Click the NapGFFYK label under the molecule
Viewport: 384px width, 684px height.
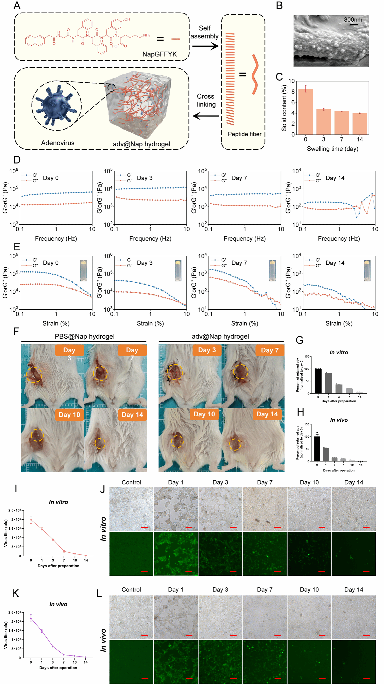tap(159, 54)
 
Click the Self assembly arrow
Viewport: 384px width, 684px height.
tap(205, 46)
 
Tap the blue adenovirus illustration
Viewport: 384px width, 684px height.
tap(56, 105)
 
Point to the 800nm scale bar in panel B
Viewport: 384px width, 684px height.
tap(353, 24)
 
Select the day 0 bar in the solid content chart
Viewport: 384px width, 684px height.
tap(305, 111)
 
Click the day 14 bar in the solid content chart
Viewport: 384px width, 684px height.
tap(360, 124)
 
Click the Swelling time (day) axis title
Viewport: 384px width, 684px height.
tap(332, 149)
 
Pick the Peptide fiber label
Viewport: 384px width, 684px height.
tap(245, 134)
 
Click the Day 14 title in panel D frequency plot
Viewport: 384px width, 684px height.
tap(335, 178)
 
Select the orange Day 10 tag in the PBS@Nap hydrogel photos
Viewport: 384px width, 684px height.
tap(69, 415)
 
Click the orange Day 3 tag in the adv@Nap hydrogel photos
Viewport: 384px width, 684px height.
tap(207, 350)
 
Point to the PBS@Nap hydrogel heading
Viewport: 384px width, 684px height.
tap(84, 336)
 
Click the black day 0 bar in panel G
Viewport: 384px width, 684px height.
tap(318, 381)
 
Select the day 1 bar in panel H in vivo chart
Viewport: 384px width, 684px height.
tap(326, 455)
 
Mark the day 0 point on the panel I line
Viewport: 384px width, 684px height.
tap(31, 520)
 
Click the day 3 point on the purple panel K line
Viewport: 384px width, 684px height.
tap(53, 646)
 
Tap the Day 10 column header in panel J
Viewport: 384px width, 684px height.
tap(309, 482)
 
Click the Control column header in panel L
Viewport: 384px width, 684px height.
tap(131, 589)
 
